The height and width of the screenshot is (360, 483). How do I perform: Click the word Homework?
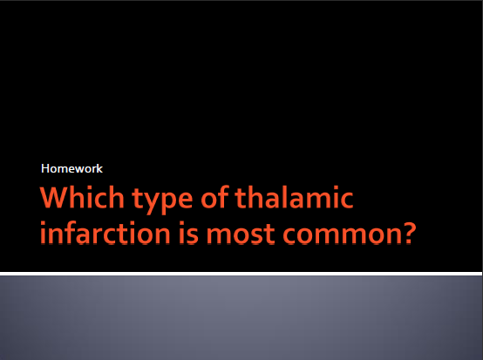click(x=71, y=168)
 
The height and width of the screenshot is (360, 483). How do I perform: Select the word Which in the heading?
click(x=82, y=197)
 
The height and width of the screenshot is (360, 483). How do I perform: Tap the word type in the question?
click(x=162, y=200)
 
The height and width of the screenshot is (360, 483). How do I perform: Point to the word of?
click(x=215, y=197)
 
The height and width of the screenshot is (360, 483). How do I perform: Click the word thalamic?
click(x=294, y=197)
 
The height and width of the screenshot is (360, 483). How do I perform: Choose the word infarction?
click(x=105, y=233)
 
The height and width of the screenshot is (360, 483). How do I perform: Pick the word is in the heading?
click(x=189, y=233)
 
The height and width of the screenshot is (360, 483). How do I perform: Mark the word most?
click(x=241, y=234)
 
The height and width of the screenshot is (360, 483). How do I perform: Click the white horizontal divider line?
click(x=241, y=274)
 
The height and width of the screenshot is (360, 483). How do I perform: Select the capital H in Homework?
click(x=45, y=168)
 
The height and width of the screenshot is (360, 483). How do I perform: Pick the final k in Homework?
click(x=99, y=168)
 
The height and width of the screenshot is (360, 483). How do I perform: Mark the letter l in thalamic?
click(x=283, y=197)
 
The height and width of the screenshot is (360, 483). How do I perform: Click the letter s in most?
click(x=257, y=235)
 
